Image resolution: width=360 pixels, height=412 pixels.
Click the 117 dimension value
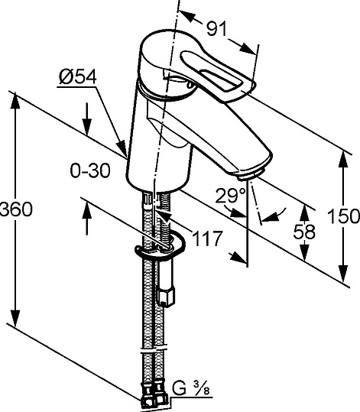207,238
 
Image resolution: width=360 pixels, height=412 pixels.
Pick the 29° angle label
227,196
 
